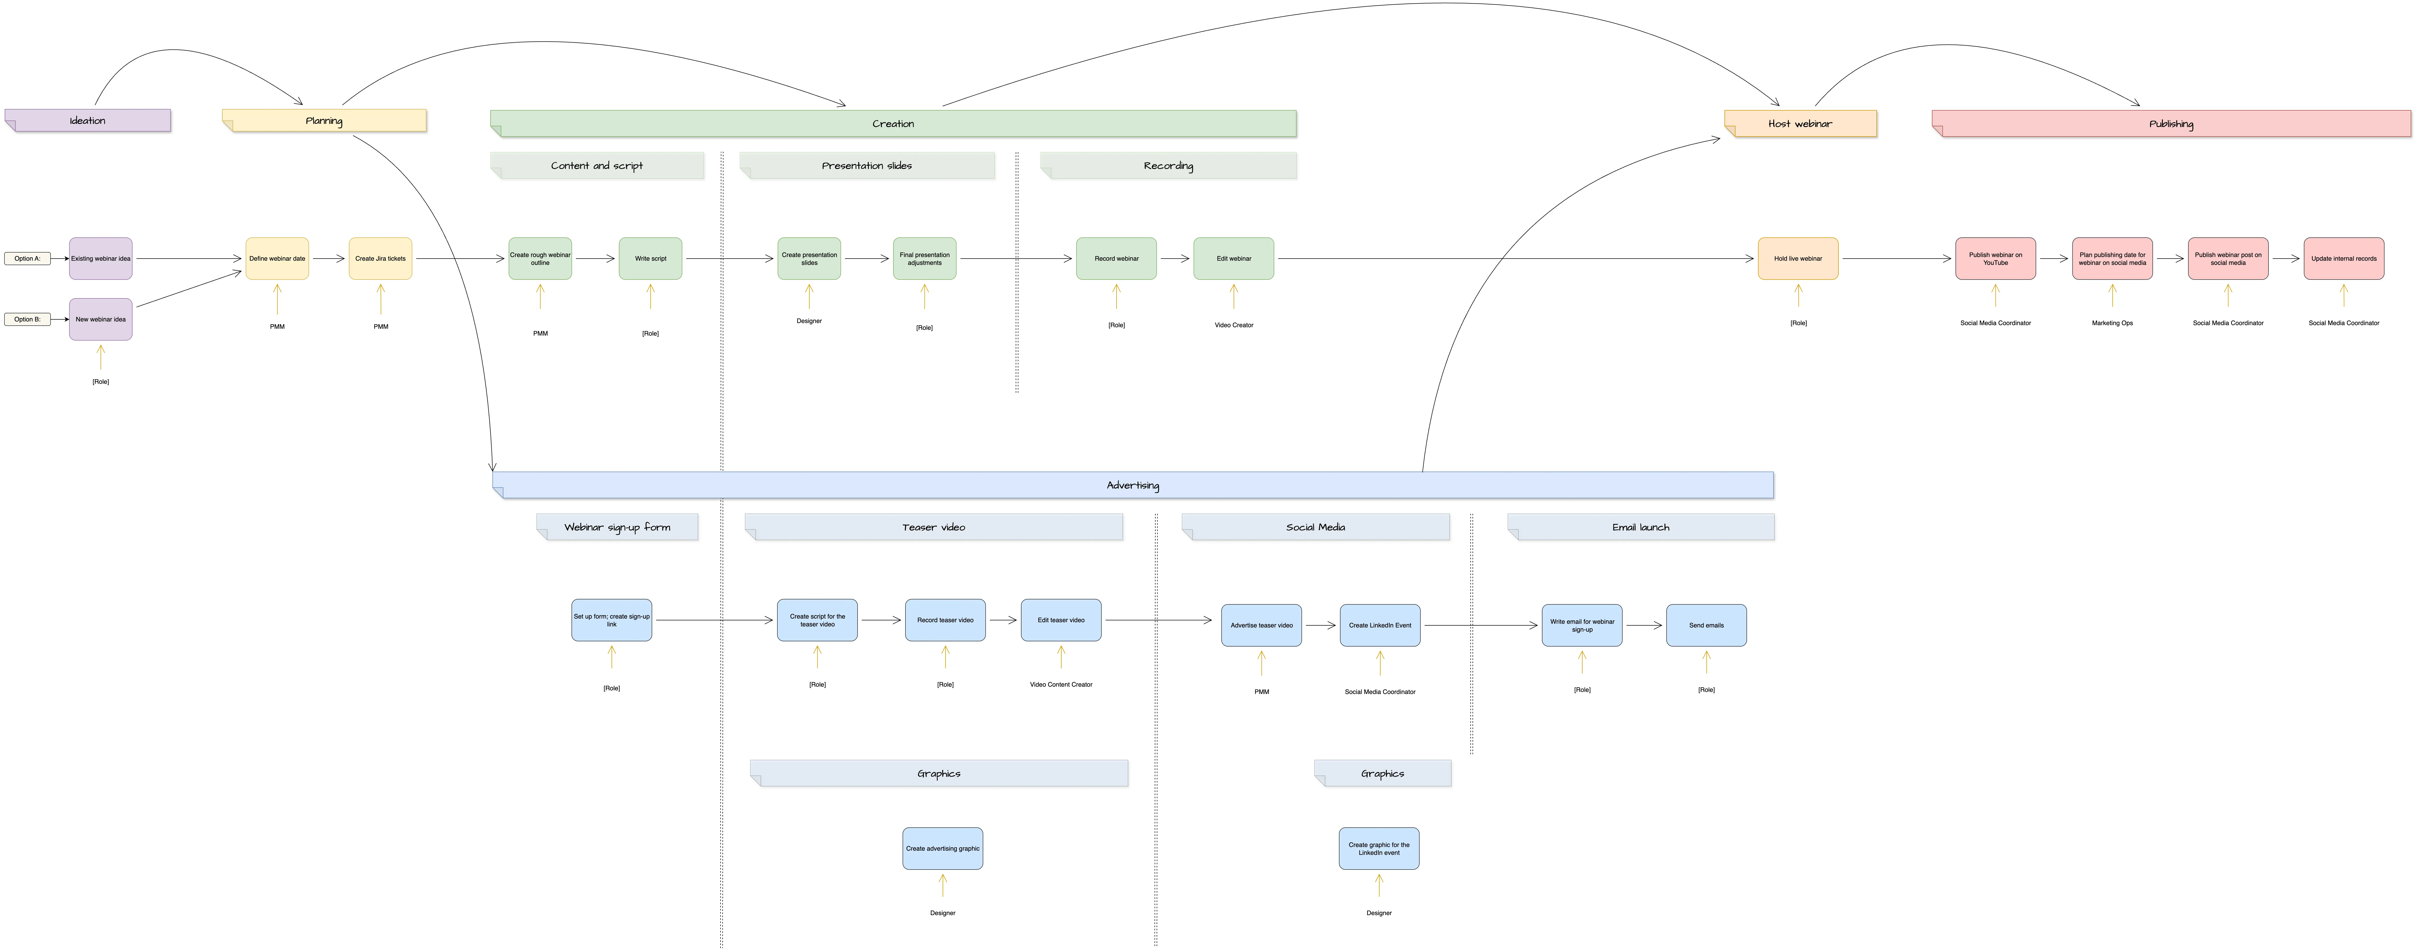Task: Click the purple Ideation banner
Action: tap(87, 120)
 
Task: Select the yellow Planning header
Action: tap(324, 120)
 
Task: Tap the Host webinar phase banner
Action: tap(1800, 123)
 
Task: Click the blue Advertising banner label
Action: tap(1133, 485)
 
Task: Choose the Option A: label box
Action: tap(27, 258)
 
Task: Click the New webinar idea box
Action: tap(100, 319)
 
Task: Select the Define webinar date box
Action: tap(277, 258)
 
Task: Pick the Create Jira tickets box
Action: tap(380, 258)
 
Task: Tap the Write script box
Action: tap(650, 258)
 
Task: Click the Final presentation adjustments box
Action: tap(924, 258)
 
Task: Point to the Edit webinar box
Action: tap(1233, 258)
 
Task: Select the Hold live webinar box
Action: tap(1798, 258)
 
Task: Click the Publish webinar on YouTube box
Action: tap(1995, 258)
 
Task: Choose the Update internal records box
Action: tap(2343, 258)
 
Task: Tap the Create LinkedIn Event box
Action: tap(1379, 625)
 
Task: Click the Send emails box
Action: tap(1706, 625)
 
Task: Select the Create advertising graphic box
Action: tap(942, 849)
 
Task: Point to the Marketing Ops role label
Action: tap(2112, 323)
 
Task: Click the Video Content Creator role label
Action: tap(1060, 684)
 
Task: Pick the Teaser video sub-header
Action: tap(933, 527)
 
